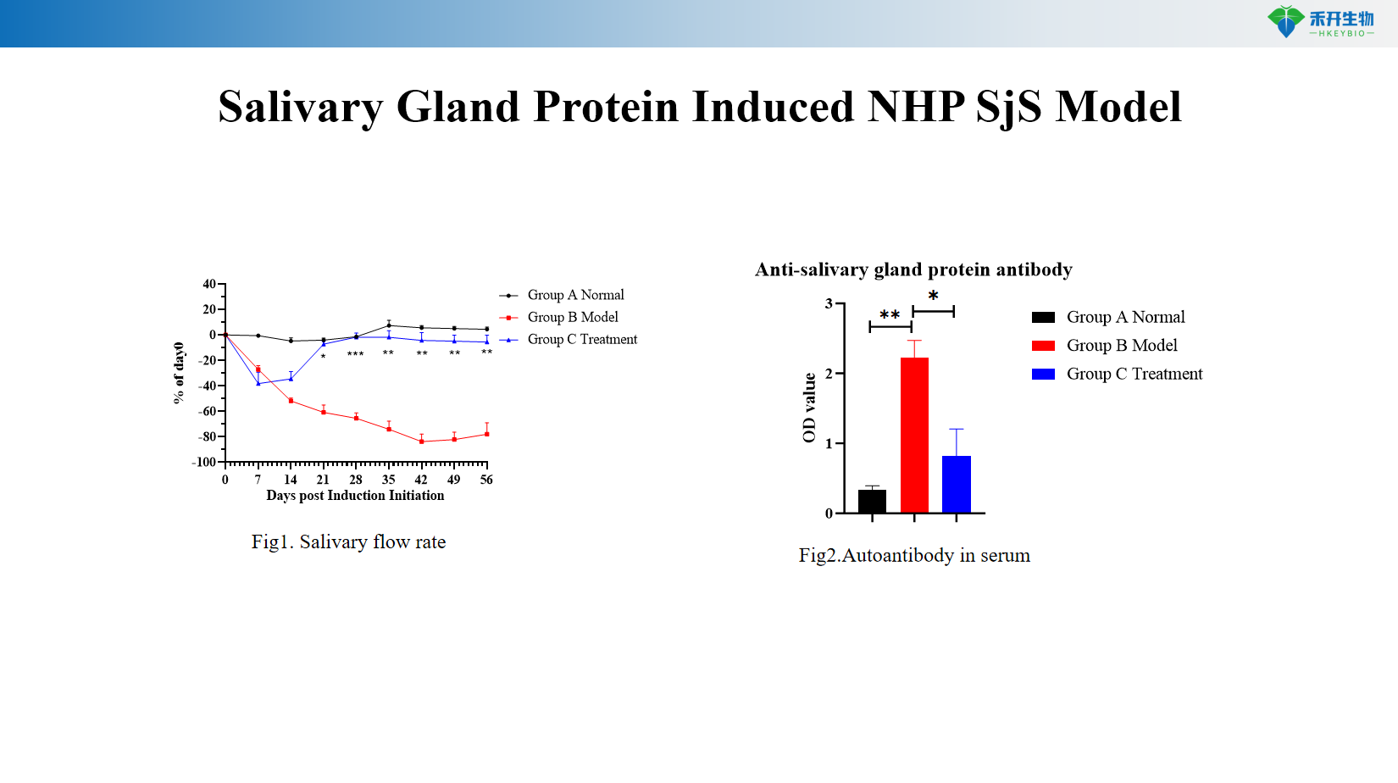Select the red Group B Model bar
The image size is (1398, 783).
pos(914,435)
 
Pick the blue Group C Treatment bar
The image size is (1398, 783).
pos(956,484)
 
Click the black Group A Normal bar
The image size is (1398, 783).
pos(872,501)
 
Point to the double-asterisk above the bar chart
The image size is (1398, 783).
pos(890,315)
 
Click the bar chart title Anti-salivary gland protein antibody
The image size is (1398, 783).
pos(913,269)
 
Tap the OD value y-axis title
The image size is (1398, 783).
pos(809,408)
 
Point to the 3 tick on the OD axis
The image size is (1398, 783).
pos(829,303)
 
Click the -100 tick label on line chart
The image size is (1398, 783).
pos(204,463)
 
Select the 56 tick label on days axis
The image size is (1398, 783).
pos(486,480)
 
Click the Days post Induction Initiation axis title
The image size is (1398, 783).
pos(355,496)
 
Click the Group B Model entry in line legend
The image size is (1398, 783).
pos(572,317)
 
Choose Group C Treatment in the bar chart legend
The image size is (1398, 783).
pos(1134,374)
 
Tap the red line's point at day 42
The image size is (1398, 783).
pos(421,441)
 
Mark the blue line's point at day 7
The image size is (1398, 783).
pos(258,384)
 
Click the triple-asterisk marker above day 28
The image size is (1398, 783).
pos(356,354)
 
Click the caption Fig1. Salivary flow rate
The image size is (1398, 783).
pos(348,542)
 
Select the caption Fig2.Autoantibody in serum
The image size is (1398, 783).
pos(914,556)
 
